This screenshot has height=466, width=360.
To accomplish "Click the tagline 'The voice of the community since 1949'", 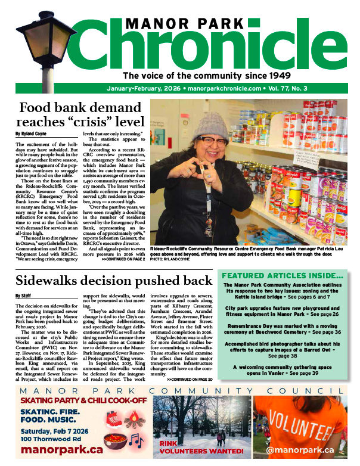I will (206, 76).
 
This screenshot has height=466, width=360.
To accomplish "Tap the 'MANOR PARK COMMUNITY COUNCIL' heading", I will (179, 390).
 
